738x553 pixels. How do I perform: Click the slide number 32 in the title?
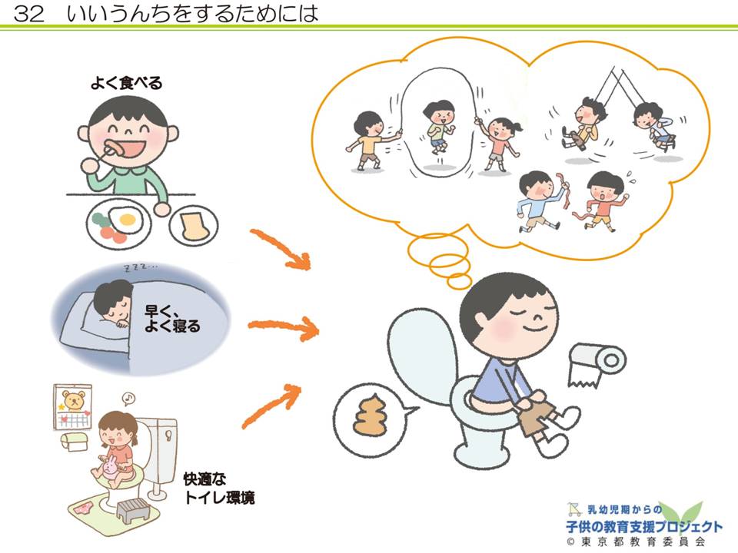pos(30,14)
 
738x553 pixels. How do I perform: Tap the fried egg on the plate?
pos(128,220)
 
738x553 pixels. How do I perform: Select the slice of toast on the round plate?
pos(193,225)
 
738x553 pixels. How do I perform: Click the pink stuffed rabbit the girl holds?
pos(110,468)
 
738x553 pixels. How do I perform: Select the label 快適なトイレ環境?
pos(218,488)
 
